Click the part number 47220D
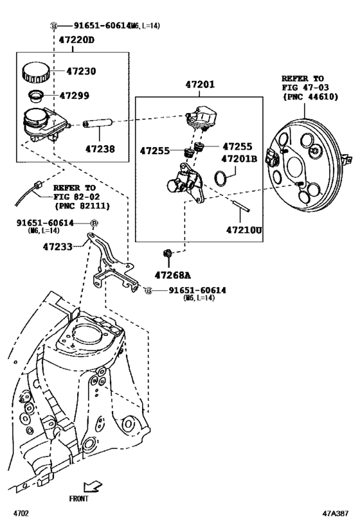pyautogui.click(x=76, y=40)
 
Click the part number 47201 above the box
pyautogui.click(x=200, y=84)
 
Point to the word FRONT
pyautogui.click(x=78, y=498)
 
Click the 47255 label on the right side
pyautogui.click(x=238, y=146)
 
